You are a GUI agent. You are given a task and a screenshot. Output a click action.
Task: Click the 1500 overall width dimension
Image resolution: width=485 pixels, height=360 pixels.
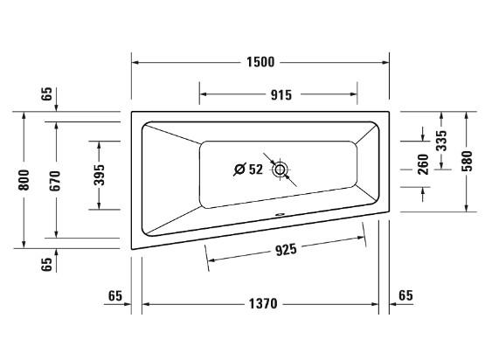click(x=260, y=62)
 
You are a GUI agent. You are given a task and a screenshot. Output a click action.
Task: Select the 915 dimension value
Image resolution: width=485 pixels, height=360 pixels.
click(x=278, y=94)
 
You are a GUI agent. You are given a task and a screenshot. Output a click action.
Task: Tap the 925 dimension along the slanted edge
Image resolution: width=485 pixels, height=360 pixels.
click(x=286, y=250)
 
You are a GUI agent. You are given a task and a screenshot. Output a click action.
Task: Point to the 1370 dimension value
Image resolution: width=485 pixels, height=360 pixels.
click(x=260, y=304)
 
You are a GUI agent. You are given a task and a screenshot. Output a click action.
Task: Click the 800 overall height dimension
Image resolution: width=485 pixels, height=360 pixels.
click(x=24, y=180)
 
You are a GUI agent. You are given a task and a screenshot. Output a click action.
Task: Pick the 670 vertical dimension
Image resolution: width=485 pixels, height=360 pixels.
click(x=56, y=180)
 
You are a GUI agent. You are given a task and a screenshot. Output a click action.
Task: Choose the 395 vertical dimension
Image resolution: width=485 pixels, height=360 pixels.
click(x=99, y=173)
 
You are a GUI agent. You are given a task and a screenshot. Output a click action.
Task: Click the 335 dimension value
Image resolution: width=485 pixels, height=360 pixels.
click(x=442, y=138)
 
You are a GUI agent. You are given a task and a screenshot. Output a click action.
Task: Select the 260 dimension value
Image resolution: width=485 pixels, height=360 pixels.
click(x=423, y=163)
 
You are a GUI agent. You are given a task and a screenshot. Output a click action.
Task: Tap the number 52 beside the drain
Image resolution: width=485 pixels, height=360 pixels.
click(x=256, y=170)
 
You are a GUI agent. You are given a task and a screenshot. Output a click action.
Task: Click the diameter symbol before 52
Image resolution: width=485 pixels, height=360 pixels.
click(x=239, y=170)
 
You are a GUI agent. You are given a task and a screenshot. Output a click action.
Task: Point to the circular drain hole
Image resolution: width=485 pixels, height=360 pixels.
click(x=281, y=170)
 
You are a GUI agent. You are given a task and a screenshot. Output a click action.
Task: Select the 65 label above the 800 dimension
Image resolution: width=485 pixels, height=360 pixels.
click(x=47, y=94)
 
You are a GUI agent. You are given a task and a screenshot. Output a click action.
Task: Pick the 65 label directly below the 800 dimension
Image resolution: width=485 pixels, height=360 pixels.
click(x=47, y=262)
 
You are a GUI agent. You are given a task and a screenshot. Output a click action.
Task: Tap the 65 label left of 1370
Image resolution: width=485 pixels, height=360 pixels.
click(x=114, y=296)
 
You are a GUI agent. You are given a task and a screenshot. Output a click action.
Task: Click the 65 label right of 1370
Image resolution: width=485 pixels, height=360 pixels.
click(x=405, y=296)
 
